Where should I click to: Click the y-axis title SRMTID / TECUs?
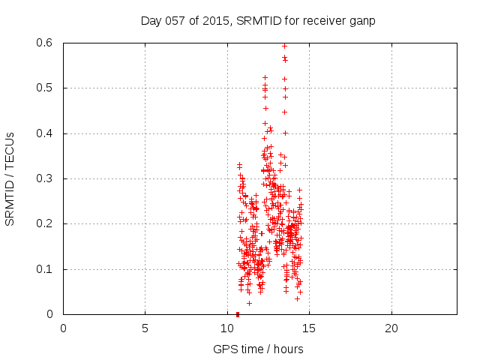point(10,178)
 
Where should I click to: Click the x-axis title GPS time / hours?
point(258,349)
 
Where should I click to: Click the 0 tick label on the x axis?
point(63,328)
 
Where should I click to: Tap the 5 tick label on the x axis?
point(145,328)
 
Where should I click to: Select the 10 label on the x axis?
point(227,328)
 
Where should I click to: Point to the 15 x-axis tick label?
point(309,328)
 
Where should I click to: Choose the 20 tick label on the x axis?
point(391,328)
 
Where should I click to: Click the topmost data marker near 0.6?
point(284,46)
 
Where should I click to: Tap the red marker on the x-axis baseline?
point(238,313)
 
